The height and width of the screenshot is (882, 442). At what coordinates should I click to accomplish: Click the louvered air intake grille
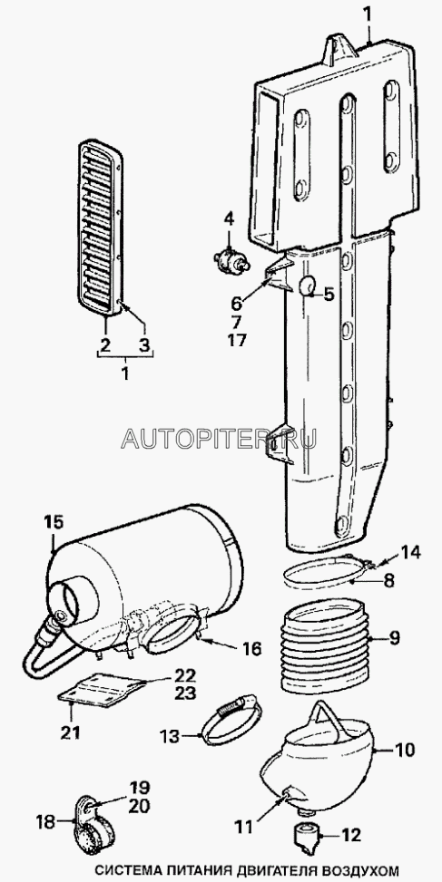pos(100,229)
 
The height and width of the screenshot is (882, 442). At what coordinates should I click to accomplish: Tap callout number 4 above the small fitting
pos(229,218)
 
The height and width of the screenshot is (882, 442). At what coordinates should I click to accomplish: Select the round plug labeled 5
pos(308,286)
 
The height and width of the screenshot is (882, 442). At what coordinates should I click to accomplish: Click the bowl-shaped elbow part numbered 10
pos(319,761)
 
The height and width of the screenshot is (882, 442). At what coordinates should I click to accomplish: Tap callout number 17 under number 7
pos(237,340)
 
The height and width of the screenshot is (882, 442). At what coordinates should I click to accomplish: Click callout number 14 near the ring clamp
pos(410,552)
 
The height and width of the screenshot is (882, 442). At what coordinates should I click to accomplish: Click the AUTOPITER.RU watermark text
pos(219,438)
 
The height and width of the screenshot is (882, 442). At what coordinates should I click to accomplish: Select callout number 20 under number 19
pos(138,806)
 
